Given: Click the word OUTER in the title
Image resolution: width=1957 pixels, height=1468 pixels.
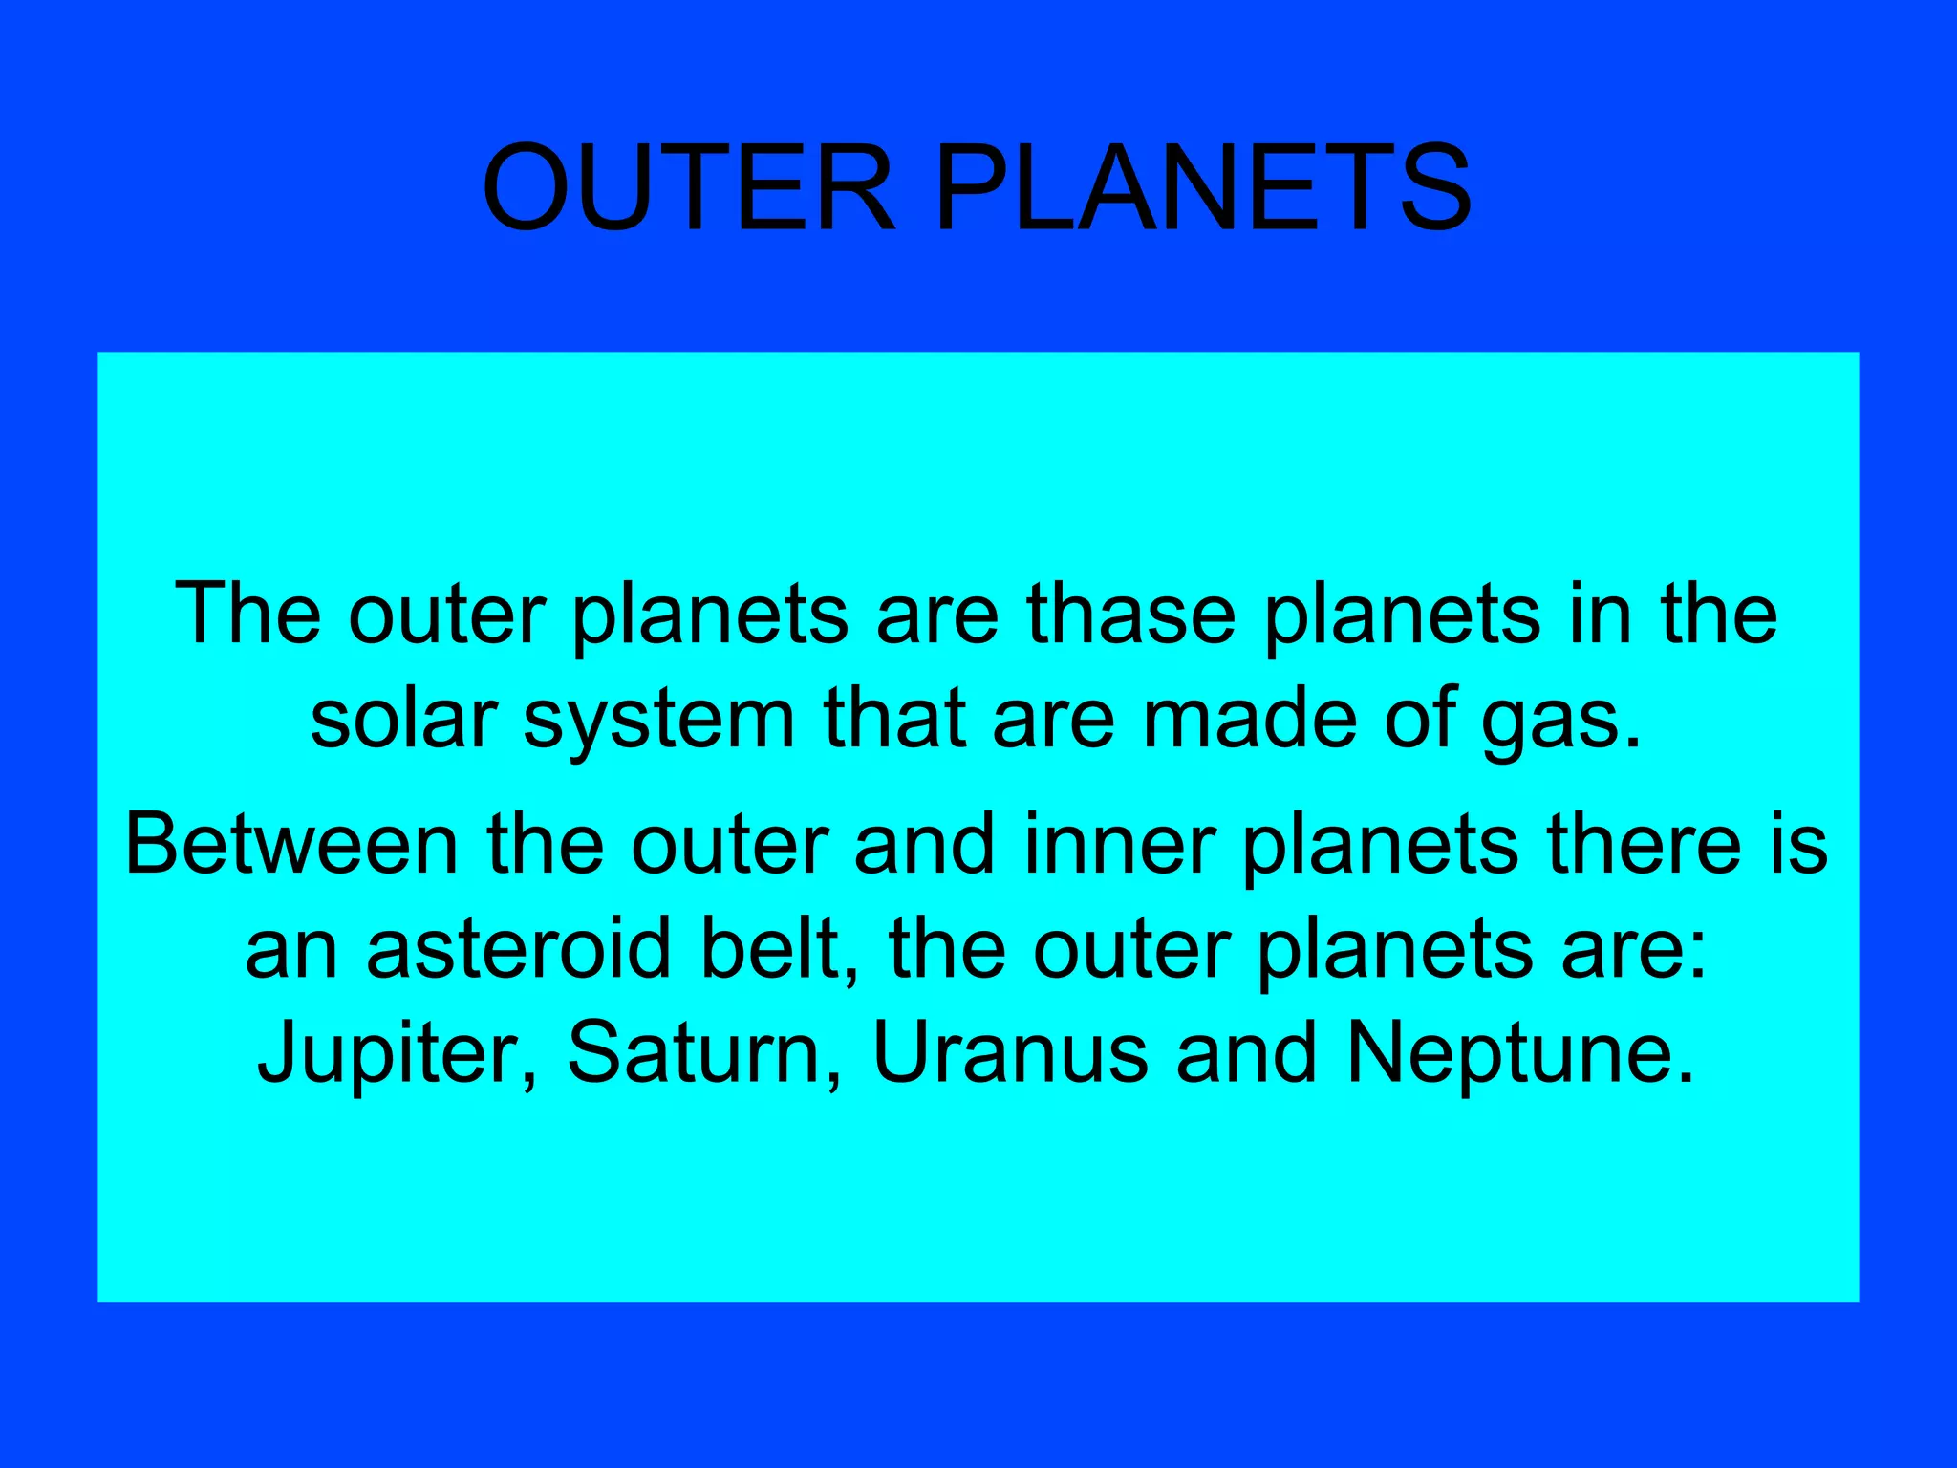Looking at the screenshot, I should [689, 188].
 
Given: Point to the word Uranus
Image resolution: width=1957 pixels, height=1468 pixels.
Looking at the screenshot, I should [1010, 1054].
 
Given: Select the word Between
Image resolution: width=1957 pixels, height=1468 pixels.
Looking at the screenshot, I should [292, 845].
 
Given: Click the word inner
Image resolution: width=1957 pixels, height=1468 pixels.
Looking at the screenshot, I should [1119, 845].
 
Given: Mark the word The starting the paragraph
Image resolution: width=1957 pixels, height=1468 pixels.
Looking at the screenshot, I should [248, 615].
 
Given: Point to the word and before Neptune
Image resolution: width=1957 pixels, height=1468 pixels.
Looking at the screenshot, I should [1247, 1054].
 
